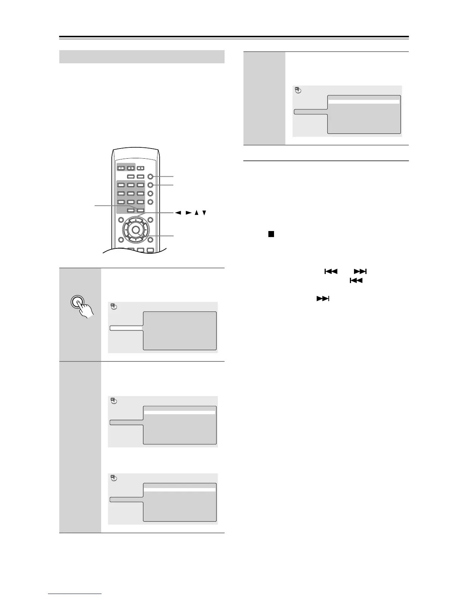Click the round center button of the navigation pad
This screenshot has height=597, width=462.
(136, 230)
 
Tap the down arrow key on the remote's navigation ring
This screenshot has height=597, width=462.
(136, 240)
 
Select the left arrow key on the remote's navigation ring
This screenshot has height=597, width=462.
(125, 230)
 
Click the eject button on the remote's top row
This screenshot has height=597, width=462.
(140, 168)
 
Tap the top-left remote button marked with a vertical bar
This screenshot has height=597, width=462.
(121, 168)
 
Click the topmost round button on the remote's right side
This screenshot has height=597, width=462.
(151, 176)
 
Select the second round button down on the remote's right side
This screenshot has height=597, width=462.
(151, 185)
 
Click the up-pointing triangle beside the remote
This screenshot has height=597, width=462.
(197, 213)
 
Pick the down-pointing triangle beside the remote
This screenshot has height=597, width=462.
(204, 213)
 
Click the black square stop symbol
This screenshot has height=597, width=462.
(271, 234)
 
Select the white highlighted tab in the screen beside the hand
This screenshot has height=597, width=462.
(126, 328)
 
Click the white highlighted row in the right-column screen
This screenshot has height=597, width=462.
(364, 102)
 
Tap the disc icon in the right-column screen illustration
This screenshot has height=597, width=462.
(298, 90)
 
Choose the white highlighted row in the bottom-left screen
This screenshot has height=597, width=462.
(180, 490)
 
